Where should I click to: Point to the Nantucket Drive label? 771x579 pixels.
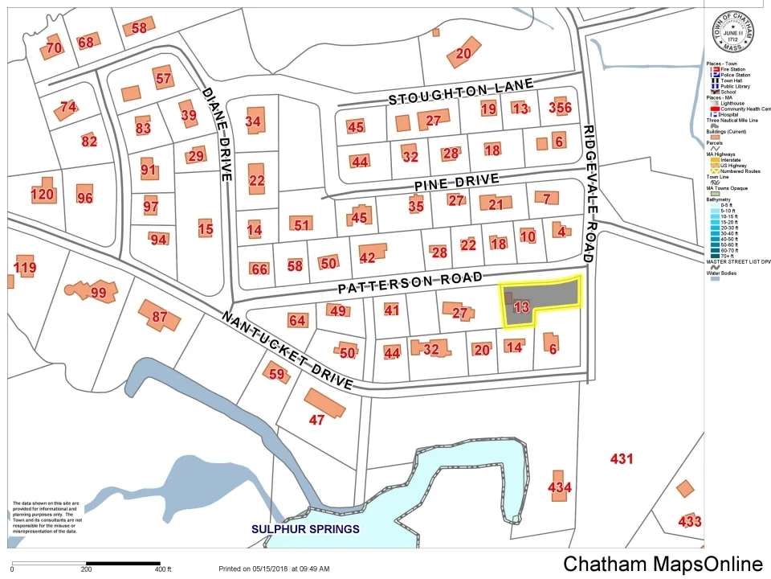287,350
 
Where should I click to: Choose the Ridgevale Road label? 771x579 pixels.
590,194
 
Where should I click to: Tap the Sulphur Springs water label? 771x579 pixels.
305,529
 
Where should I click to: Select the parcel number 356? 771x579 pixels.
560,109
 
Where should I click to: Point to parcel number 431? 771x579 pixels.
622,459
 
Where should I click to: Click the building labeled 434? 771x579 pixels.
560,487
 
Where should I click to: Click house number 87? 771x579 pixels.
159,316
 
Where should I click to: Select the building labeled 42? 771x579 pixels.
369,256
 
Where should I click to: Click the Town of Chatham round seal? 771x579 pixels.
732,33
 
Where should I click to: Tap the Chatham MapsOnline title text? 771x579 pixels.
663,564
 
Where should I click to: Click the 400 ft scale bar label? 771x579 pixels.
163,569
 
